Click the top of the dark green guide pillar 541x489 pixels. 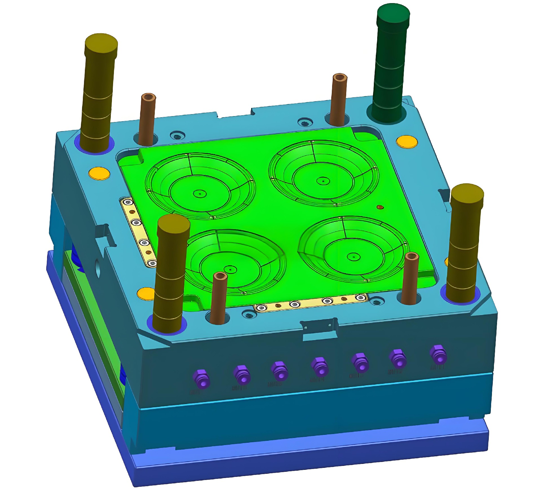click(393, 14)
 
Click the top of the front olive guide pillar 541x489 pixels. click(174, 224)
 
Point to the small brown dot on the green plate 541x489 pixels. click(380, 207)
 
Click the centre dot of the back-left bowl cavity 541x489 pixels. click(200, 194)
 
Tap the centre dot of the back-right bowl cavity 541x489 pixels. click(323, 181)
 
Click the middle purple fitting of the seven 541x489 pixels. click(320, 367)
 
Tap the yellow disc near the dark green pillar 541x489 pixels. click(407, 141)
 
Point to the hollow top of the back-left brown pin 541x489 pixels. click(148, 97)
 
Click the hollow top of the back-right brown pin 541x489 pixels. click(340, 78)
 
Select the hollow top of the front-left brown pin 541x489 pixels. click(220, 276)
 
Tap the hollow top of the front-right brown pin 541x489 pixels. click(411, 256)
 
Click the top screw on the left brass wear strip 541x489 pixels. click(128, 202)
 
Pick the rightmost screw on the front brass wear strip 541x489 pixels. click(360, 297)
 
